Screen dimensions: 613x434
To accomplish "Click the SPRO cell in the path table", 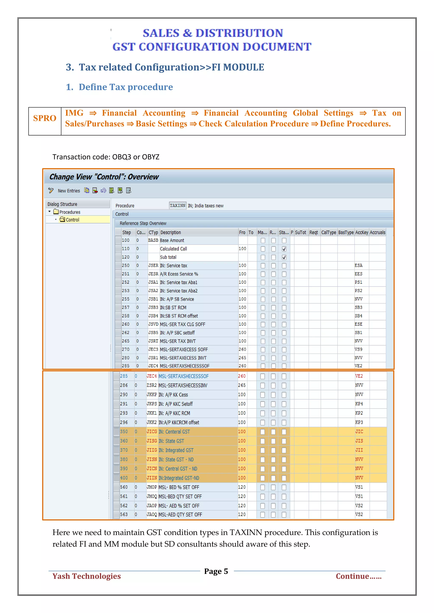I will coord(45,118).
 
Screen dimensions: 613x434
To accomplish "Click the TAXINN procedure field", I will coord(177,206).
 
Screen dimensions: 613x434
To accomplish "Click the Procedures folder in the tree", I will coord(70,212).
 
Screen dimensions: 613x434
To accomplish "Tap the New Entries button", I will coord(69,191).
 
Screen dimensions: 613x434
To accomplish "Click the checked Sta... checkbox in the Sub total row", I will coord(284,257).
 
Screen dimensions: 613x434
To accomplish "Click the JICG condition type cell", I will coord(152,432).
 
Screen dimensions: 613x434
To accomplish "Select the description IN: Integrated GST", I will coord(176,450).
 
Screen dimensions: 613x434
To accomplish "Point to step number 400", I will coord(124,478).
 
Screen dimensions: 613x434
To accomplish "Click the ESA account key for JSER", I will coord(358,266).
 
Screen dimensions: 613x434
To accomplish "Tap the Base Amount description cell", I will coord(172,240).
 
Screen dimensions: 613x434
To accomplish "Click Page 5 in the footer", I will coord(216,571).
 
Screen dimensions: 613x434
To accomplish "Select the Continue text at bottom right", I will coord(358,576).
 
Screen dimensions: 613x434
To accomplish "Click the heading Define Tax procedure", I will coord(126,87).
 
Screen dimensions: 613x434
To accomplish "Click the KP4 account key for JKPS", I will coord(359,404).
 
